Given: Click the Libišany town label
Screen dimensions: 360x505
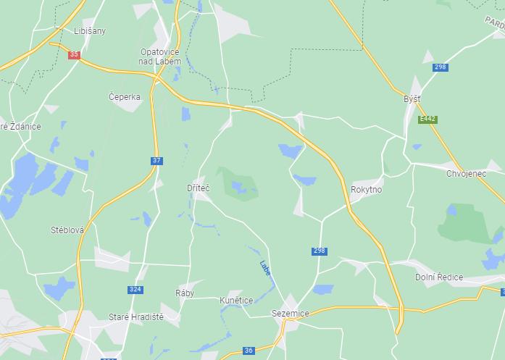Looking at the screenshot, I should click(x=90, y=30).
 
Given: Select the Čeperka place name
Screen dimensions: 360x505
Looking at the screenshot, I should click(x=124, y=97).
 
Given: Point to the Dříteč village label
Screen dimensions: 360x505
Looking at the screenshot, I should click(x=198, y=188).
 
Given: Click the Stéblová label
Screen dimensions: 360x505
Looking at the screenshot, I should click(x=67, y=230).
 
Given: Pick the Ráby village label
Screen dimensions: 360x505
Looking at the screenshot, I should click(x=185, y=293).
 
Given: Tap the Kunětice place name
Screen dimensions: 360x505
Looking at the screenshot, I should click(x=235, y=300).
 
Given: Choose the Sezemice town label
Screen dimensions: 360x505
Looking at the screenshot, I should click(x=290, y=313).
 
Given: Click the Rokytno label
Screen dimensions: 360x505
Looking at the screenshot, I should click(x=366, y=189).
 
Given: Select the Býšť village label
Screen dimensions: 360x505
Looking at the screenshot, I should click(x=412, y=99).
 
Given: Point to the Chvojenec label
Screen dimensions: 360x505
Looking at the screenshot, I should click(x=467, y=173).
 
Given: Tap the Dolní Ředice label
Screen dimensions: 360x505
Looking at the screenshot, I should click(x=439, y=277).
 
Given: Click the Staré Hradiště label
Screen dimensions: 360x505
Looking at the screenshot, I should click(x=136, y=317).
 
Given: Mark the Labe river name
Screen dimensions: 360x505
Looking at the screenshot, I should click(x=265, y=267).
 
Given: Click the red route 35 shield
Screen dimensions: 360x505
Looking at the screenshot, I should click(x=74, y=54).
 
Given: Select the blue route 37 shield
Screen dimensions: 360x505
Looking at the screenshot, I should click(x=156, y=160).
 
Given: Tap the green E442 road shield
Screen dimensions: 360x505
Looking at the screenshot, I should click(x=427, y=119).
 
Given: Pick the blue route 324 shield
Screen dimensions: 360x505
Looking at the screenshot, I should click(x=135, y=290).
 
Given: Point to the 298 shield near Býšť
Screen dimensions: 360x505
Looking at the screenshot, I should click(x=440, y=67).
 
